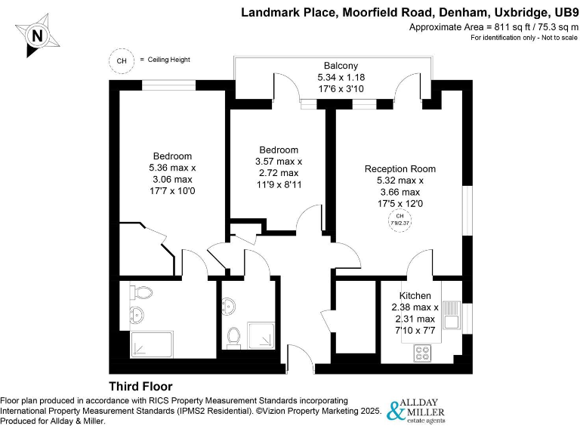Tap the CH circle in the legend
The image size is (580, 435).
[x=121, y=60]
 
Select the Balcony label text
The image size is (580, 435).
[x=341, y=66]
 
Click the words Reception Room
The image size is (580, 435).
[x=400, y=168]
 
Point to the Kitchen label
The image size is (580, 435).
[x=415, y=295]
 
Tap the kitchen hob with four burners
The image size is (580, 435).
[x=422, y=352]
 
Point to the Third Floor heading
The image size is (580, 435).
[x=140, y=386]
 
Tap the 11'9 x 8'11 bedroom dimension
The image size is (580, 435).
[x=279, y=184]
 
